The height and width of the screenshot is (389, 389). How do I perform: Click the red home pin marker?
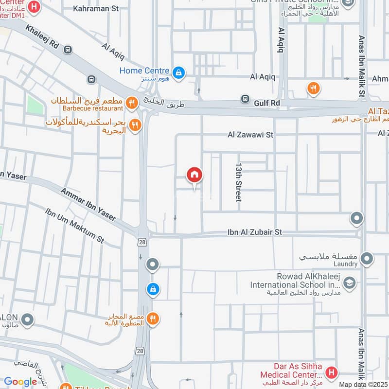194,176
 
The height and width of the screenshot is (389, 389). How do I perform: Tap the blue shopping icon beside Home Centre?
179,73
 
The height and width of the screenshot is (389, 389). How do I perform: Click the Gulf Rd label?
268,103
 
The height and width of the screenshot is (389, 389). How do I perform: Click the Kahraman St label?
95,8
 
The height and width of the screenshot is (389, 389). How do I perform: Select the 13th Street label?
239,182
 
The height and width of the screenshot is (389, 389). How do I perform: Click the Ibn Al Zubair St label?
254,232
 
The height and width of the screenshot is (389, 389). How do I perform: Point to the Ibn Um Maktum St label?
74,226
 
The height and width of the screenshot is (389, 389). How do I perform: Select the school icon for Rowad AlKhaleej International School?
349,283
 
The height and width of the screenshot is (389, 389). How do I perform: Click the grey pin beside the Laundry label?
367,258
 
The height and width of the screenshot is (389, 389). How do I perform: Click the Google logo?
20,382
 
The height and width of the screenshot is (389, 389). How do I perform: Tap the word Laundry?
346,264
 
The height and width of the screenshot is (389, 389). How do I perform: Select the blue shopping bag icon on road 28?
153,289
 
